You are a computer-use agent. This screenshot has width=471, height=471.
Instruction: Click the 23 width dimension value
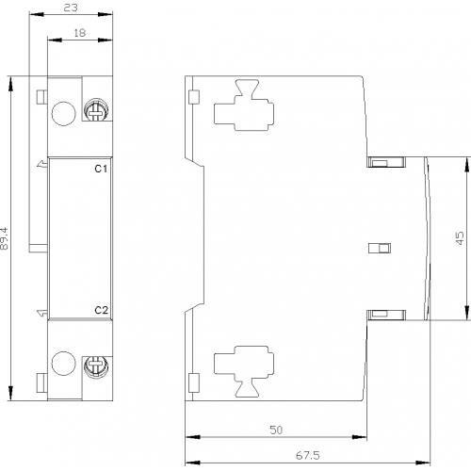[x=71, y=8]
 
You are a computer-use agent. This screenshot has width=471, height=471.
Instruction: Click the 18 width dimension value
[x=80, y=32]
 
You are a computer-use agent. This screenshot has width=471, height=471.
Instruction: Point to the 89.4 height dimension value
[x=5, y=238]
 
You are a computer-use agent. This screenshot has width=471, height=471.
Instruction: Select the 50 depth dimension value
[x=276, y=430]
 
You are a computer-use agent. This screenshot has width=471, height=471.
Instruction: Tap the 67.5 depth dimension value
[x=308, y=455]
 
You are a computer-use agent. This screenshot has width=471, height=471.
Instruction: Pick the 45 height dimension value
[x=459, y=238]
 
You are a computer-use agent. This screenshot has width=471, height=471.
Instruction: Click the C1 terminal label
[x=101, y=169]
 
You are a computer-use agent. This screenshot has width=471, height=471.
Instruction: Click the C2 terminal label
[x=101, y=310]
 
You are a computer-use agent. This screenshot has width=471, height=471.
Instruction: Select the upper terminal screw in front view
[x=96, y=109]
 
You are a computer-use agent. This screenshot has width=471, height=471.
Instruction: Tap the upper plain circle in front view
[x=64, y=113]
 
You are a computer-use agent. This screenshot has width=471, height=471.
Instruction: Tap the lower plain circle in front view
[x=64, y=364]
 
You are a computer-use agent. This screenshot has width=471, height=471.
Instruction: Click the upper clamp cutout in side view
[x=244, y=106]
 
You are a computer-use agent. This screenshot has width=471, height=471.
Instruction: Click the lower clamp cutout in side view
[x=244, y=371]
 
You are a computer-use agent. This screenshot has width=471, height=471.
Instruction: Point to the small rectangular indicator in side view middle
[x=380, y=248]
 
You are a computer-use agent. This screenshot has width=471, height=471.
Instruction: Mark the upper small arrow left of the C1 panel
[x=41, y=164]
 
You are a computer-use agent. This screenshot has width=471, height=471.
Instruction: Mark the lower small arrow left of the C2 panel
[x=41, y=313]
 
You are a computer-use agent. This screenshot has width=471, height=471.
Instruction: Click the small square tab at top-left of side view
[x=194, y=97]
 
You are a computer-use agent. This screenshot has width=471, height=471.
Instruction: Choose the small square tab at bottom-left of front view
[x=41, y=382]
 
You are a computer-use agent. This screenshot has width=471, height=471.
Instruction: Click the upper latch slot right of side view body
[x=386, y=162]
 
